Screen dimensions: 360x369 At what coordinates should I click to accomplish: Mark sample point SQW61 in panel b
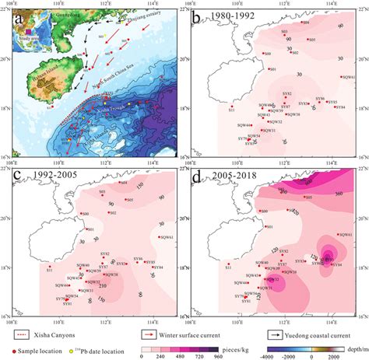(341, 75)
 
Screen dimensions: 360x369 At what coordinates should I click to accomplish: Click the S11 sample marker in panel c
(49, 267)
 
